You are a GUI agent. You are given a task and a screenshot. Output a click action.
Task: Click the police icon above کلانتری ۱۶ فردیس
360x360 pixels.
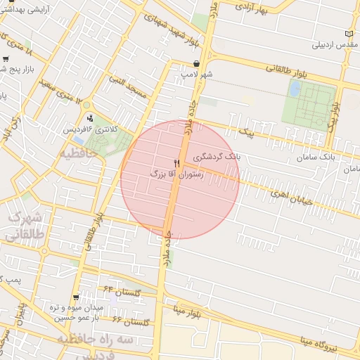tap(89, 119)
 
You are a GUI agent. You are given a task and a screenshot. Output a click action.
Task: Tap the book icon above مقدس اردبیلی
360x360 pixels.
tap(349, 34)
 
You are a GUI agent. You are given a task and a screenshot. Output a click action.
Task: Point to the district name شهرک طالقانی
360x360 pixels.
tap(25, 227)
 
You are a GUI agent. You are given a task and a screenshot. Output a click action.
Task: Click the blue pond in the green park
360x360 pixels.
tap(295, 89)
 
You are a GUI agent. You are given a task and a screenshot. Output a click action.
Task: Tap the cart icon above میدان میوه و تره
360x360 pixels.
tap(75, 297)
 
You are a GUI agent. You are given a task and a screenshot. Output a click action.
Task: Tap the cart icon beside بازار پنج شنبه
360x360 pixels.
tap(6, 59)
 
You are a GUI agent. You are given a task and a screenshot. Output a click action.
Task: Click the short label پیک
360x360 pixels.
tap(245, 131)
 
